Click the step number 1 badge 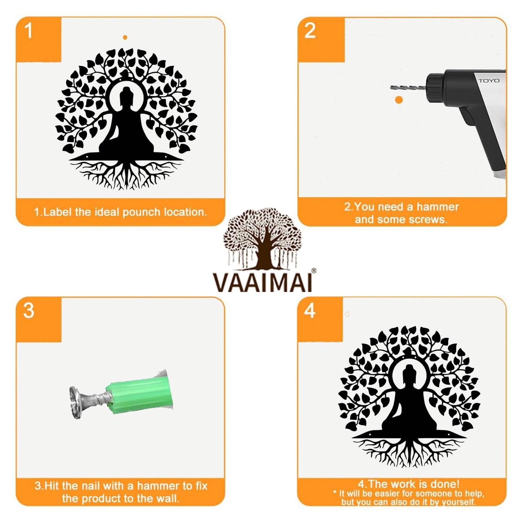click(x=29, y=31)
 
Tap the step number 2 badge click(x=310, y=31)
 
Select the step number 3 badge click(x=29, y=311)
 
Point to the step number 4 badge click(x=310, y=311)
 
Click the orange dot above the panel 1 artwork click(x=125, y=37)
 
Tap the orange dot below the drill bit click(x=399, y=100)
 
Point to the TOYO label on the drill click(x=489, y=81)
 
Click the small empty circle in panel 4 click(x=347, y=314)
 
